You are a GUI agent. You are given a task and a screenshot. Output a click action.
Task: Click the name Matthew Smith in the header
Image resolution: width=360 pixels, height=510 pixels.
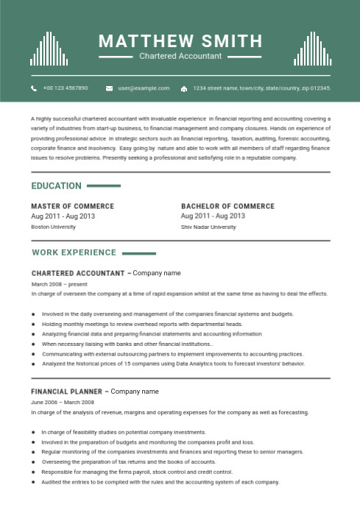(x=180, y=40)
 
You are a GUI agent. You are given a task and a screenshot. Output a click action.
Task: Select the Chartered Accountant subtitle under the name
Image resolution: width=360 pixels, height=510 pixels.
(x=180, y=56)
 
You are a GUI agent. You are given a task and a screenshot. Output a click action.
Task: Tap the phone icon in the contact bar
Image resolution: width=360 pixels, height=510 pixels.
(x=34, y=88)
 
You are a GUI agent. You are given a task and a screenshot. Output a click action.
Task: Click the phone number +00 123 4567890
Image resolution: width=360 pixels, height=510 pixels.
(x=66, y=88)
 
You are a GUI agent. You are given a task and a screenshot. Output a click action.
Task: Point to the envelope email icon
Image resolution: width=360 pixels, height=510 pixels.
(x=109, y=88)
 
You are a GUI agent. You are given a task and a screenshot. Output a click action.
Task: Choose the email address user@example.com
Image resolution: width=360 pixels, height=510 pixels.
(x=144, y=88)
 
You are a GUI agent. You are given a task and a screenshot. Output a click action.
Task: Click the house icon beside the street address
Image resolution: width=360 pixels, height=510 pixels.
(x=183, y=88)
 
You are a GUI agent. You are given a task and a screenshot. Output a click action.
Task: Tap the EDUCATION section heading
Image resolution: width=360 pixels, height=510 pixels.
(x=57, y=185)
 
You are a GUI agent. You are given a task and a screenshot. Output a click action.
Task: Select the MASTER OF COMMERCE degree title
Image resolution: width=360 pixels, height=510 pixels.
(x=73, y=206)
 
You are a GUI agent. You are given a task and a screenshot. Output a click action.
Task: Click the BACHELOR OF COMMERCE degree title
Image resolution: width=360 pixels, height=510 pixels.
(x=227, y=206)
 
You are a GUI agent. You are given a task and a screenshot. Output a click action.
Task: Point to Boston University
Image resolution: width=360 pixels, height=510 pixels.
(x=53, y=227)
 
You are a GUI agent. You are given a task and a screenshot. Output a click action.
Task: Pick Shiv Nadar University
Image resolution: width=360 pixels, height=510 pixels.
(x=208, y=227)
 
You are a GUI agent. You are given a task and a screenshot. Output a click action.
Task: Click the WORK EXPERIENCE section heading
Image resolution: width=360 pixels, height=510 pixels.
(x=74, y=252)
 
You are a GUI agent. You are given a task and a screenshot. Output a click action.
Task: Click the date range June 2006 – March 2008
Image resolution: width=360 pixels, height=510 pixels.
(x=63, y=403)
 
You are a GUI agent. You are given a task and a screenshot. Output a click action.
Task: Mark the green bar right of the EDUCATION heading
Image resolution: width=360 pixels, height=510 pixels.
(x=103, y=186)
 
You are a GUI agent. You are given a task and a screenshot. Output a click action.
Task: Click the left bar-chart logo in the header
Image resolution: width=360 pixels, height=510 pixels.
(x=49, y=49)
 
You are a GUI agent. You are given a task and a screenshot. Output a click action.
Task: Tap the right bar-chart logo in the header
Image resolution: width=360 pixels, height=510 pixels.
(x=311, y=49)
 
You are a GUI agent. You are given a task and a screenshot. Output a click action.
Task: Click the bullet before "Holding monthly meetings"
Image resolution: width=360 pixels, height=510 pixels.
(x=33, y=324)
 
